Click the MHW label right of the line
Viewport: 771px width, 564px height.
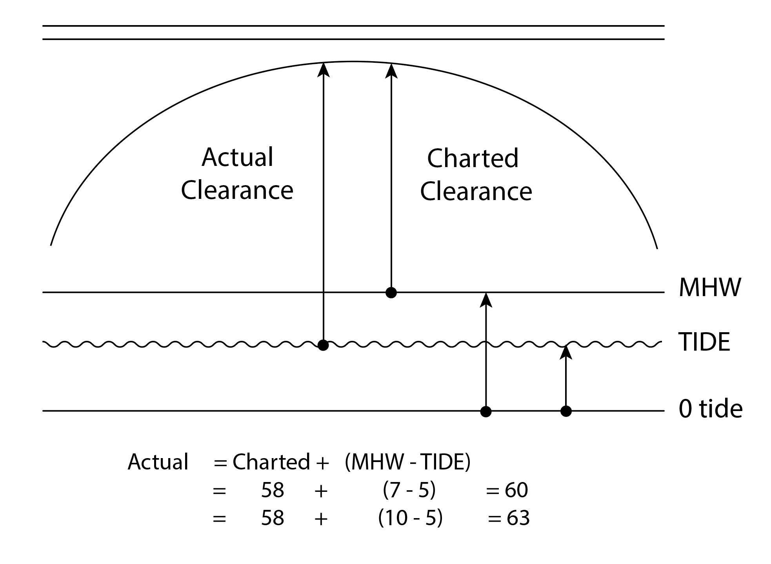710,287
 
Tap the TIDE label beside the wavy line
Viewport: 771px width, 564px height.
704,342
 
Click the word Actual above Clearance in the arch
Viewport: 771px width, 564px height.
237,157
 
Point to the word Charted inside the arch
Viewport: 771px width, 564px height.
473,158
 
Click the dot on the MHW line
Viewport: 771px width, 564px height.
391,293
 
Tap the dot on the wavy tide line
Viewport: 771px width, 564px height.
323,345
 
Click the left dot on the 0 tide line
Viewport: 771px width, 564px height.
486,411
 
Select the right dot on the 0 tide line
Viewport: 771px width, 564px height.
566,411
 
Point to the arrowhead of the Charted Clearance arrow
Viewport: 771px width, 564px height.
391,71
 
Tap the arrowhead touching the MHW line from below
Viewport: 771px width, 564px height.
486,300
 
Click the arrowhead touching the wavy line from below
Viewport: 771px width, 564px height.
566,353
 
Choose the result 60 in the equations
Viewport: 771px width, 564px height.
516,490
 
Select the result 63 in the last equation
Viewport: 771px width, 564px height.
518,518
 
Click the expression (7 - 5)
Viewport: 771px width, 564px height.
409,490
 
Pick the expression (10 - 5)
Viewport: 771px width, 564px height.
410,518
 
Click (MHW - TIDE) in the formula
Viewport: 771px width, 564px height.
407,462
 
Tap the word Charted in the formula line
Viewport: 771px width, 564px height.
271,462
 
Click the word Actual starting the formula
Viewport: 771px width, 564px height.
158,462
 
